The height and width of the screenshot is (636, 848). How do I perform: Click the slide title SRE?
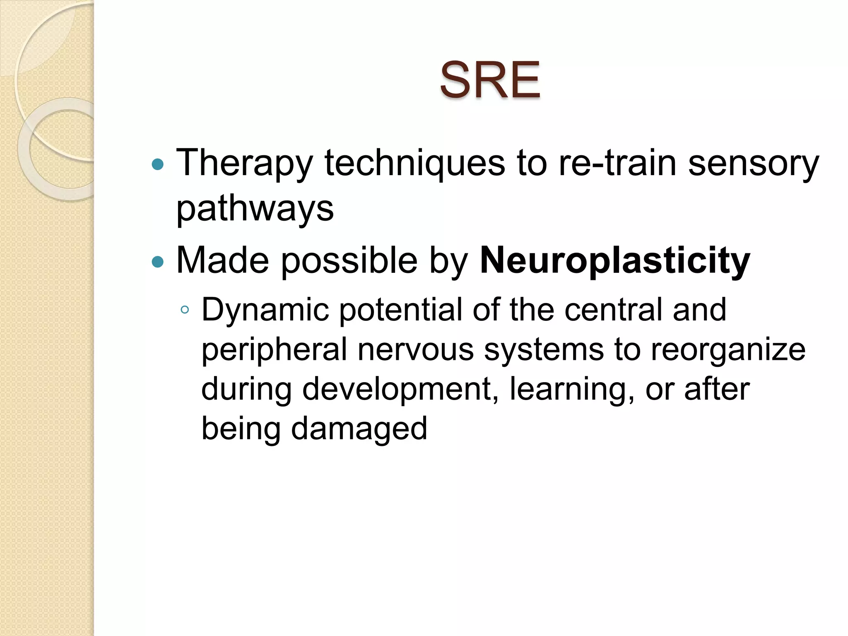[x=490, y=80]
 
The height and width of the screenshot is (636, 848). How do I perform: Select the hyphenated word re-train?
[x=617, y=164]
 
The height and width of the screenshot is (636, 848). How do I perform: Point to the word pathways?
[x=255, y=209]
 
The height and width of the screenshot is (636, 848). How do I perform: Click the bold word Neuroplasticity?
[x=614, y=261]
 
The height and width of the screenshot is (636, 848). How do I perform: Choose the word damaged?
[x=359, y=429]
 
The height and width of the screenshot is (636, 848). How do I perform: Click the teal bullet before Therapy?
[x=158, y=165]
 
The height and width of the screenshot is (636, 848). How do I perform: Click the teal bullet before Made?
[x=158, y=262]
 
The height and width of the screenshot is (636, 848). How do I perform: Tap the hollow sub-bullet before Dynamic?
[x=185, y=310]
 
